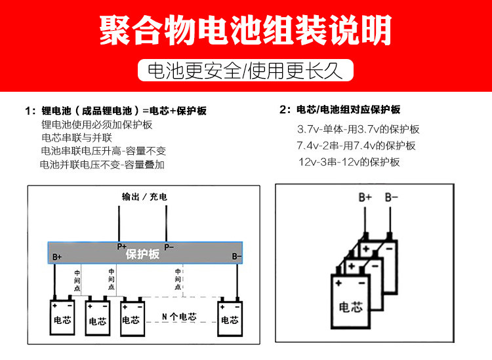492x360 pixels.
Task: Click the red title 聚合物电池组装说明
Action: (x=245, y=30)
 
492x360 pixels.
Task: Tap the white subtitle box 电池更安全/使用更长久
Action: (x=245, y=70)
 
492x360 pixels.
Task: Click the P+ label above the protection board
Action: (x=122, y=247)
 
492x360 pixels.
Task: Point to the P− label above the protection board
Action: (x=169, y=247)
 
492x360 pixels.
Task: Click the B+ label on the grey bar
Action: (x=57, y=257)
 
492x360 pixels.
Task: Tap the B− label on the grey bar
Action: (x=237, y=256)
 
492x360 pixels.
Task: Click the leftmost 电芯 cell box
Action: (x=63, y=316)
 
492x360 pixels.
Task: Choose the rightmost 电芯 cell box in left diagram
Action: (x=230, y=316)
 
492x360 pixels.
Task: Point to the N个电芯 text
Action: (x=178, y=317)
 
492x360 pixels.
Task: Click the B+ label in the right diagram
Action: (x=365, y=197)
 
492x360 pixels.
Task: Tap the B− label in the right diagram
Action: (x=391, y=197)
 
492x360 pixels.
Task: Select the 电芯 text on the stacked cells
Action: (x=350, y=306)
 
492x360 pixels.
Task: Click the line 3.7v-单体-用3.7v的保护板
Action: (x=358, y=130)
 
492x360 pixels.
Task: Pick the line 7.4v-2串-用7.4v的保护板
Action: (x=356, y=146)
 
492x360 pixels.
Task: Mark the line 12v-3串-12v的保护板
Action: (x=349, y=162)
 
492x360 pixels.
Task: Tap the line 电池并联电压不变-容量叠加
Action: (x=102, y=165)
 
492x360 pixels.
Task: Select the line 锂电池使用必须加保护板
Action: (x=97, y=125)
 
